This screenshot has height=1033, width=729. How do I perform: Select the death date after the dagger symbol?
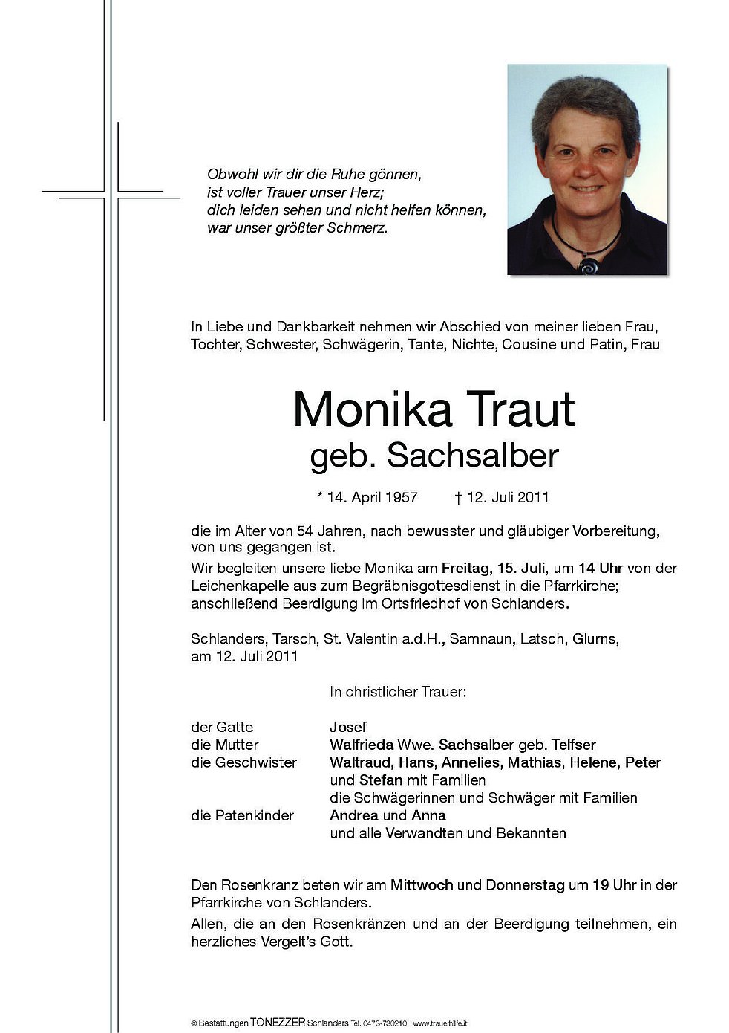tap(508, 497)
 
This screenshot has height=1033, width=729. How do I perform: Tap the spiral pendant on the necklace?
tap(589, 265)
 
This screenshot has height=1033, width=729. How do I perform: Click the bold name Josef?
tap(348, 727)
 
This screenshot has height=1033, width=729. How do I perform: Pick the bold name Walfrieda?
tap(362, 745)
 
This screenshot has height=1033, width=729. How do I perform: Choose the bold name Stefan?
tap(381, 780)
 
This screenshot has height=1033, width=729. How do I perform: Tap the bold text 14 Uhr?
tap(599, 568)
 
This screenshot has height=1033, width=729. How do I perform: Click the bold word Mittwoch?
tap(422, 885)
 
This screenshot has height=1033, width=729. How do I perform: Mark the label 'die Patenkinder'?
tap(242, 815)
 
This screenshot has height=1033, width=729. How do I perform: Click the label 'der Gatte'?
tap(222, 727)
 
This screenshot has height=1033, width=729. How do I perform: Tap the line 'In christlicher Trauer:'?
tap(398, 692)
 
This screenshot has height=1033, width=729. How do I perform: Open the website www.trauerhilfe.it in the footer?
tap(440, 1023)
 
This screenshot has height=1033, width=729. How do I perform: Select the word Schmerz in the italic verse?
tap(360, 228)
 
